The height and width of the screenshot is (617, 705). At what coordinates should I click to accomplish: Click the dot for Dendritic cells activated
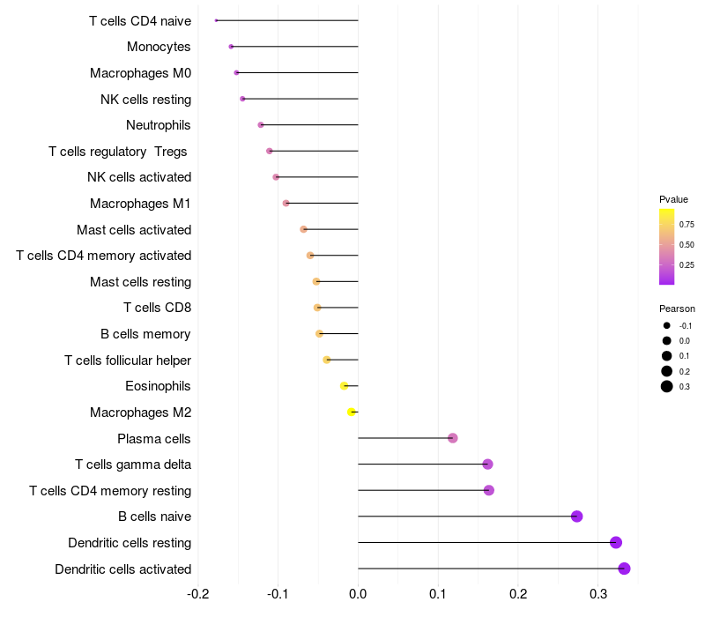[x=624, y=569]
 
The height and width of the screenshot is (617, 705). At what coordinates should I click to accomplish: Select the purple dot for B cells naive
[x=576, y=517]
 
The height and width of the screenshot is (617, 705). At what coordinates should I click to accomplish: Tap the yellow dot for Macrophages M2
[x=352, y=412]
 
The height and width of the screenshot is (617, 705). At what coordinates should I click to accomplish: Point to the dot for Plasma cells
[x=452, y=438]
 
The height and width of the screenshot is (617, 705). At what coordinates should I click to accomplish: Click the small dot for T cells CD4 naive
[x=216, y=20]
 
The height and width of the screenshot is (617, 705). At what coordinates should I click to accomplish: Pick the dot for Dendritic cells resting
[x=616, y=542]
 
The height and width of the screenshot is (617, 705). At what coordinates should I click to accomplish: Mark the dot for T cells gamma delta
[x=487, y=465]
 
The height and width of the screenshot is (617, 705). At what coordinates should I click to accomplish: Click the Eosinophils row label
[x=158, y=386]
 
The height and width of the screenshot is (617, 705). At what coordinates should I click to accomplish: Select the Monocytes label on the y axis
[x=159, y=47]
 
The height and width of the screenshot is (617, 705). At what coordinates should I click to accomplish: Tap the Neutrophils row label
[x=159, y=125]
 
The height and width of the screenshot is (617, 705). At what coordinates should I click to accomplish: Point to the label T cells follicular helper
[x=128, y=360]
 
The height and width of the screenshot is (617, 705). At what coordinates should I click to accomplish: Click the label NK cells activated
[x=139, y=177]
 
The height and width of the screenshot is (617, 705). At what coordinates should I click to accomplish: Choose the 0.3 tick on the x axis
[x=598, y=594]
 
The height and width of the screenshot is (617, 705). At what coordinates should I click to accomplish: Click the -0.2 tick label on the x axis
[x=198, y=594]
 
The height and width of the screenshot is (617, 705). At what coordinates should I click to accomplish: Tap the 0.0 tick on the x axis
[x=358, y=594]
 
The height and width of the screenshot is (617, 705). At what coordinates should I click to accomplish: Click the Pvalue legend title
[x=673, y=199]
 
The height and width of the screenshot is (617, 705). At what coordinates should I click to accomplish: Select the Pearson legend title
[x=677, y=308]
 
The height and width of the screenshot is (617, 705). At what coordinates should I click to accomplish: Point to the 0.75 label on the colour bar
[x=686, y=224]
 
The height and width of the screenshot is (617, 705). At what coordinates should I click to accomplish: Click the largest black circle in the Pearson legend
[x=667, y=386]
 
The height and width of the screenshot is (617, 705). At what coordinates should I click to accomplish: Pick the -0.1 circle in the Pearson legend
[x=667, y=326]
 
